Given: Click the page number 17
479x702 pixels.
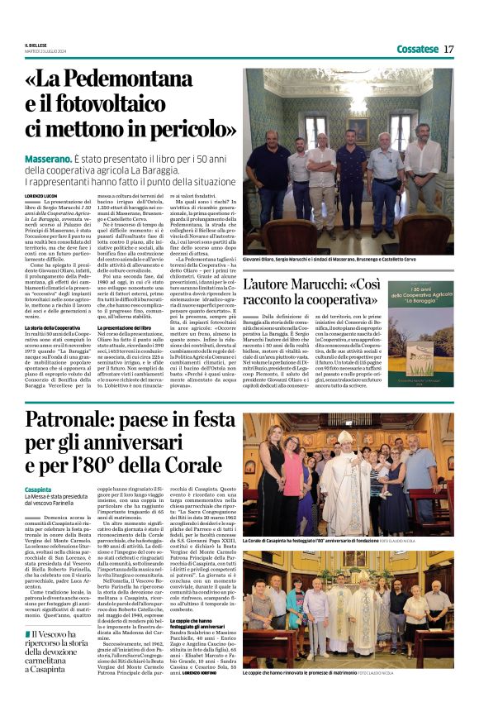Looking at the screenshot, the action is [449, 49].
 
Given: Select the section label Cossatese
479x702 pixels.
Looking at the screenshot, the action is [416, 49].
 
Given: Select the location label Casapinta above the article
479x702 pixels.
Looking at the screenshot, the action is [39, 490].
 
